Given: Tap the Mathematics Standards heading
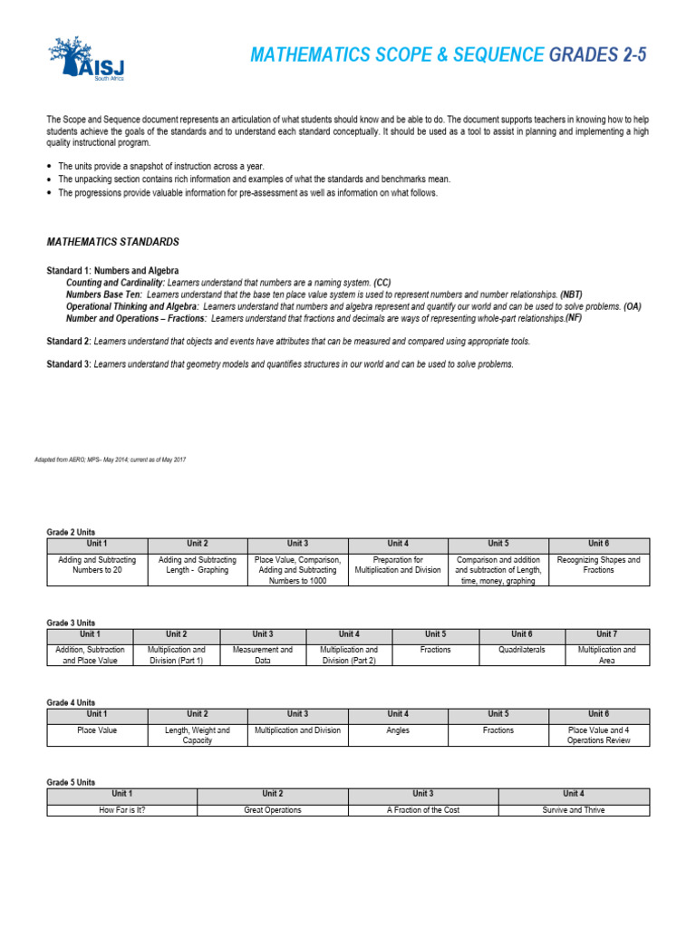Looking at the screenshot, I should coord(112,242).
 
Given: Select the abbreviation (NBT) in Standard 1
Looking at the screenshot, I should coord(571,295).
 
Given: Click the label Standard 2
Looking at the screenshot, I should coord(68,341).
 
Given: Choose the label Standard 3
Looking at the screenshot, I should coord(68,364).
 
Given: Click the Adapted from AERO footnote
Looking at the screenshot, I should coord(116,460).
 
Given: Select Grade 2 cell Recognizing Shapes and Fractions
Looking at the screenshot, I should coord(598,565).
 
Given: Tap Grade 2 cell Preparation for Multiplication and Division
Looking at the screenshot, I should coord(397,565).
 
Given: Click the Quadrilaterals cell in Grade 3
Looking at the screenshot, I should coord(522,650).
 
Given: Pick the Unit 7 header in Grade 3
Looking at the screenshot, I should coord(607,634).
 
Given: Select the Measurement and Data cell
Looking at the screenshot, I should coord(263,655).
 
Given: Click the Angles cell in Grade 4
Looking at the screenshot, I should coord(397,730).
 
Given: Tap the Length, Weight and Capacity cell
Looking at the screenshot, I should coord(197,735).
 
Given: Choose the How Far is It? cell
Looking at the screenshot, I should coord(121,809).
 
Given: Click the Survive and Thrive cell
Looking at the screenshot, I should coord(574,809).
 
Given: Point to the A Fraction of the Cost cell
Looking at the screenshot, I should coord(422,809).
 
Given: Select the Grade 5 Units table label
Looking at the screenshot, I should coord(71,781).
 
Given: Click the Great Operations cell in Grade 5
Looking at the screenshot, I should coord(272,809).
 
